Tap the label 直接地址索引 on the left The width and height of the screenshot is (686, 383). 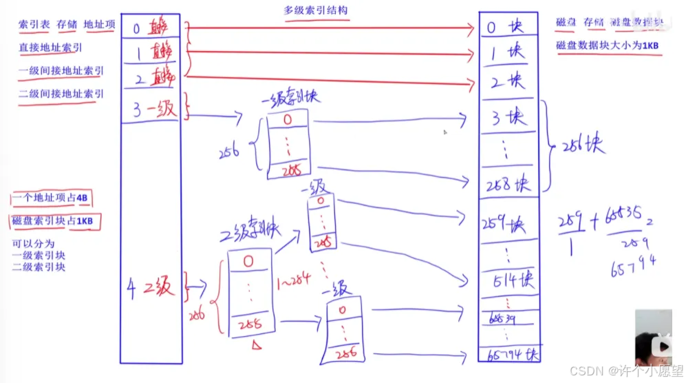tap(50, 48)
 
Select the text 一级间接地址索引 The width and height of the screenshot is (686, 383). tap(61, 71)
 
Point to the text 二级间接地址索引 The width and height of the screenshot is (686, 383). tap(61, 94)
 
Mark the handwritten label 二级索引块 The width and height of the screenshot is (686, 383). tap(250, 233)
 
